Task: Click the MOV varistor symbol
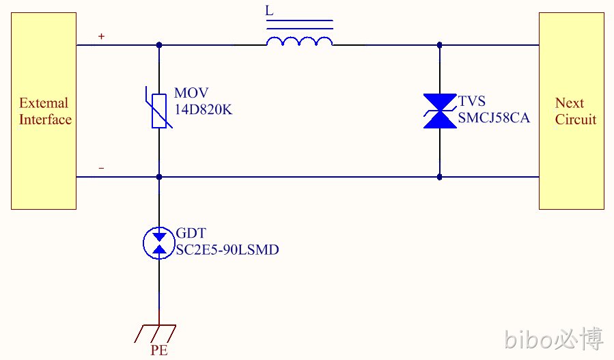coord(159,111)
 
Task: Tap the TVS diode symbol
coord(440,111)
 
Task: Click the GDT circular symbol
coord(159,243)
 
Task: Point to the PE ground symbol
coord(156,333)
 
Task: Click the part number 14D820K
coord(204,110)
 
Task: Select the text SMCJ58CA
coord(494,118)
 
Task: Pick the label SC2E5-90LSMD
coord(227,250)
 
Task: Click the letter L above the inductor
coord(269,10)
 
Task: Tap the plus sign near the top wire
coord(101,36)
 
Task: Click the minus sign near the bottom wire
coord(101,169)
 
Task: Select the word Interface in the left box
coord(46,120)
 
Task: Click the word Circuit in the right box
coord(576,120)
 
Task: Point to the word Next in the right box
coord(570,103)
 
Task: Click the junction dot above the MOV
coord(159,45)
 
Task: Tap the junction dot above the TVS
coord(439,45)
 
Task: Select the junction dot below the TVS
coord(439,177)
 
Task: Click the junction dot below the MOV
coord(159,177)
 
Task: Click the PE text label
coord(159,350)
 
